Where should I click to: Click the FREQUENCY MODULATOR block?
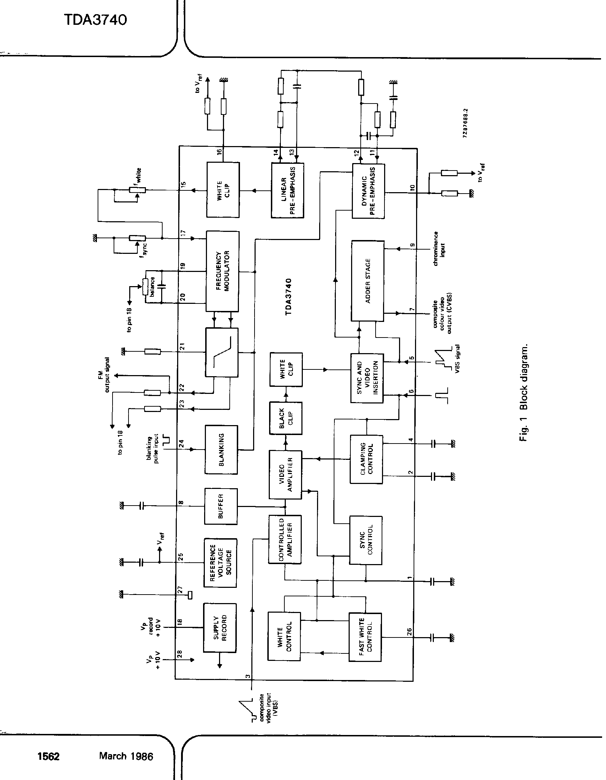[x=222, y=271]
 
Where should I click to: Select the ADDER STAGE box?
[x=367, y=281]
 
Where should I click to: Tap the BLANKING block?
[x=221, y=450]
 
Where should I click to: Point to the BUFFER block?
[x=220, y=506]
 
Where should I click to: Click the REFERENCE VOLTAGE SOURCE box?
[x=220, y=563]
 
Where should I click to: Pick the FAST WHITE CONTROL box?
[x=365, y=637]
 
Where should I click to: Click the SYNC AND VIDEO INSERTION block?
[x=367, y=378]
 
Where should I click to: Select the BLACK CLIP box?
[x=286, y=418]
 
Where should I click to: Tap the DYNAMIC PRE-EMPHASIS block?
[x=368, y=191]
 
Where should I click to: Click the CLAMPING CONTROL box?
[x=366, y=459]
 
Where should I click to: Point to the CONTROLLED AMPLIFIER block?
[x=285, y=539]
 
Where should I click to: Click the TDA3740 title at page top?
[x=95, y=20]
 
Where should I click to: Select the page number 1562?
[x=49, y=757]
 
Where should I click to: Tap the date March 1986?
[x=126, y=756]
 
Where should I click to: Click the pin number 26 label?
[x=410, y=632]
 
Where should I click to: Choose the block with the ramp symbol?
[x=222, y=352]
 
